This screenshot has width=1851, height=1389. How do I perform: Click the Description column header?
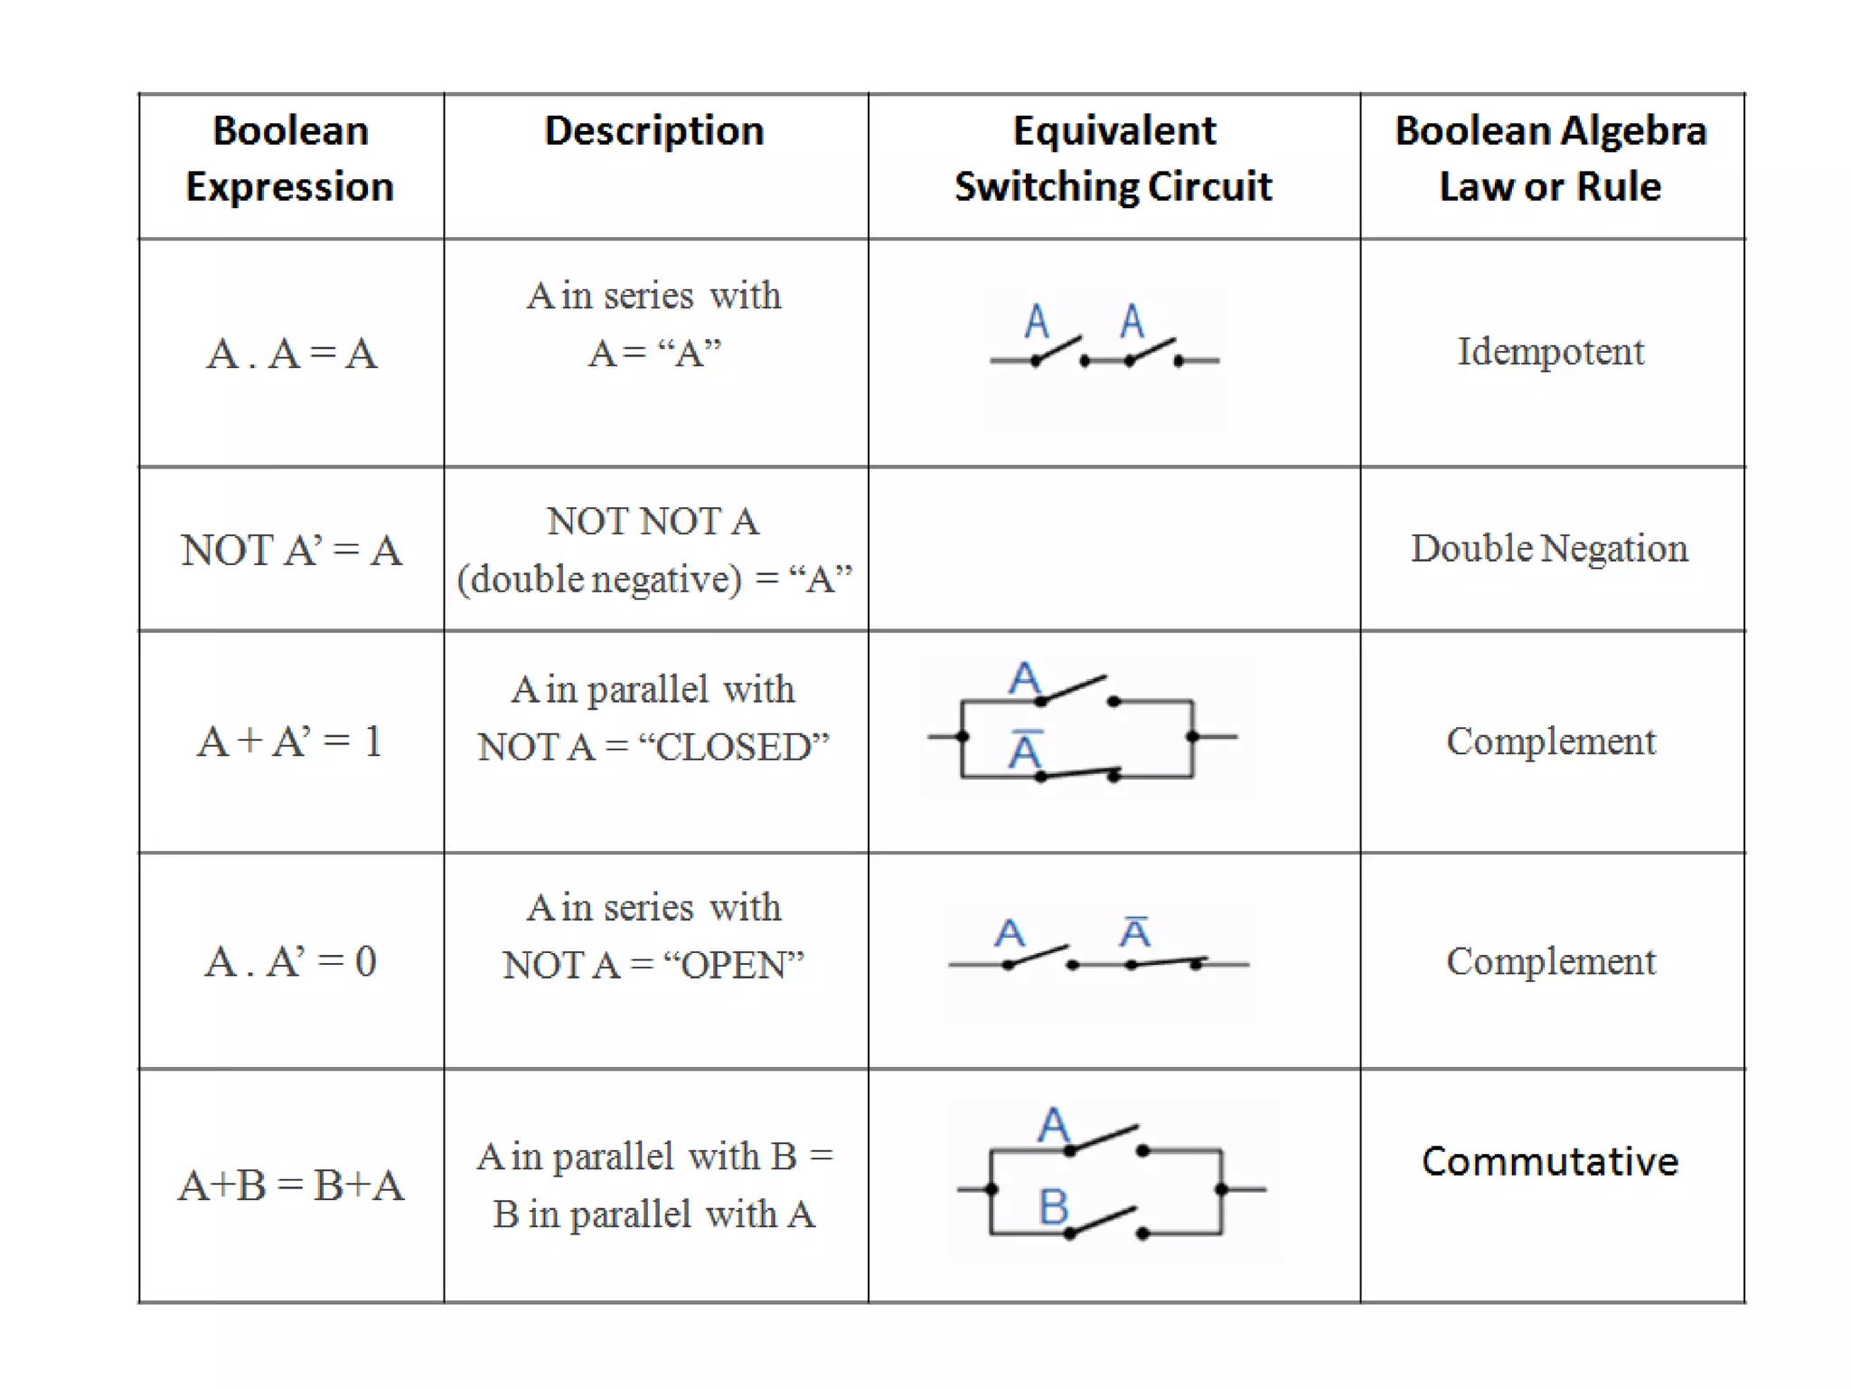(x=654, y=131)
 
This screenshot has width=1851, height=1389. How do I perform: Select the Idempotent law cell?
(x=1550, y=352)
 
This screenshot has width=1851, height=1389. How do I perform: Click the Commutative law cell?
(x=1550, y=1162)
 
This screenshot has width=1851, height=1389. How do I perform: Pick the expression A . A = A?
(x=291, y=354)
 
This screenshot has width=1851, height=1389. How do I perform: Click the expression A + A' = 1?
(x=291, y=742)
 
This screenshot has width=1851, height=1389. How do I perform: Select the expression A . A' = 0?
(x=291, y=961)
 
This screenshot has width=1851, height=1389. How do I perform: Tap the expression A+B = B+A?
(x=291, y=1186)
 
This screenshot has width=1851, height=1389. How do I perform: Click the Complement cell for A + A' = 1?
(x=1550, y=742)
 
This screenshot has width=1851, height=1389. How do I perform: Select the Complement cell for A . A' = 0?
(x=1550, y=961)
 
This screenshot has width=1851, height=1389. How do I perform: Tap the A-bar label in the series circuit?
(x=1135, y=932)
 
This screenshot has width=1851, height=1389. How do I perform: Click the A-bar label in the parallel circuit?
(x=1026, y=751)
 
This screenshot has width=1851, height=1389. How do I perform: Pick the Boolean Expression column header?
(x=291, y=159)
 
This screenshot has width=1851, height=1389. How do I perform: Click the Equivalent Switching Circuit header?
(x=1113, y=159)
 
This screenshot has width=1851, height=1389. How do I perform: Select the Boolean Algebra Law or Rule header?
(x=1550, y=159)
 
